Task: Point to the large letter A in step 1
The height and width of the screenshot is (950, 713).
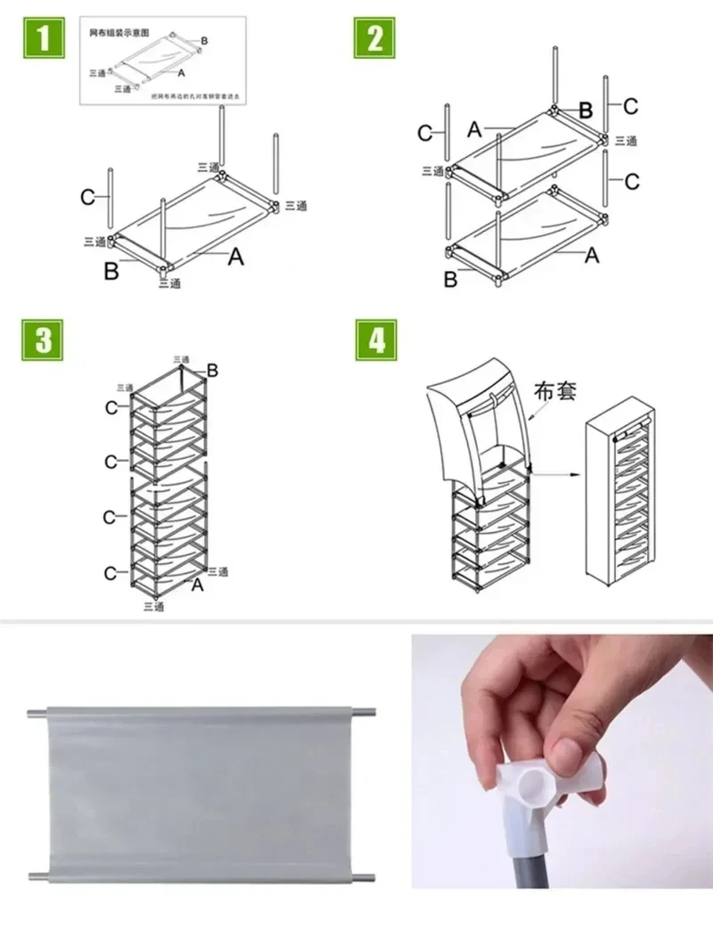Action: point(235,258)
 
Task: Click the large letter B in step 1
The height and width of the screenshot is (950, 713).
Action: point(111,272)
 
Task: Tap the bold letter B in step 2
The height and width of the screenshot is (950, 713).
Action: point(586,111)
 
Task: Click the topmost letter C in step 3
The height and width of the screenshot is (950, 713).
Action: point(111,407)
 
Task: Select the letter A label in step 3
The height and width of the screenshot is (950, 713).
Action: point(197,585)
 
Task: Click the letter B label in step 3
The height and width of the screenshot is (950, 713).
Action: point(212,370)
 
